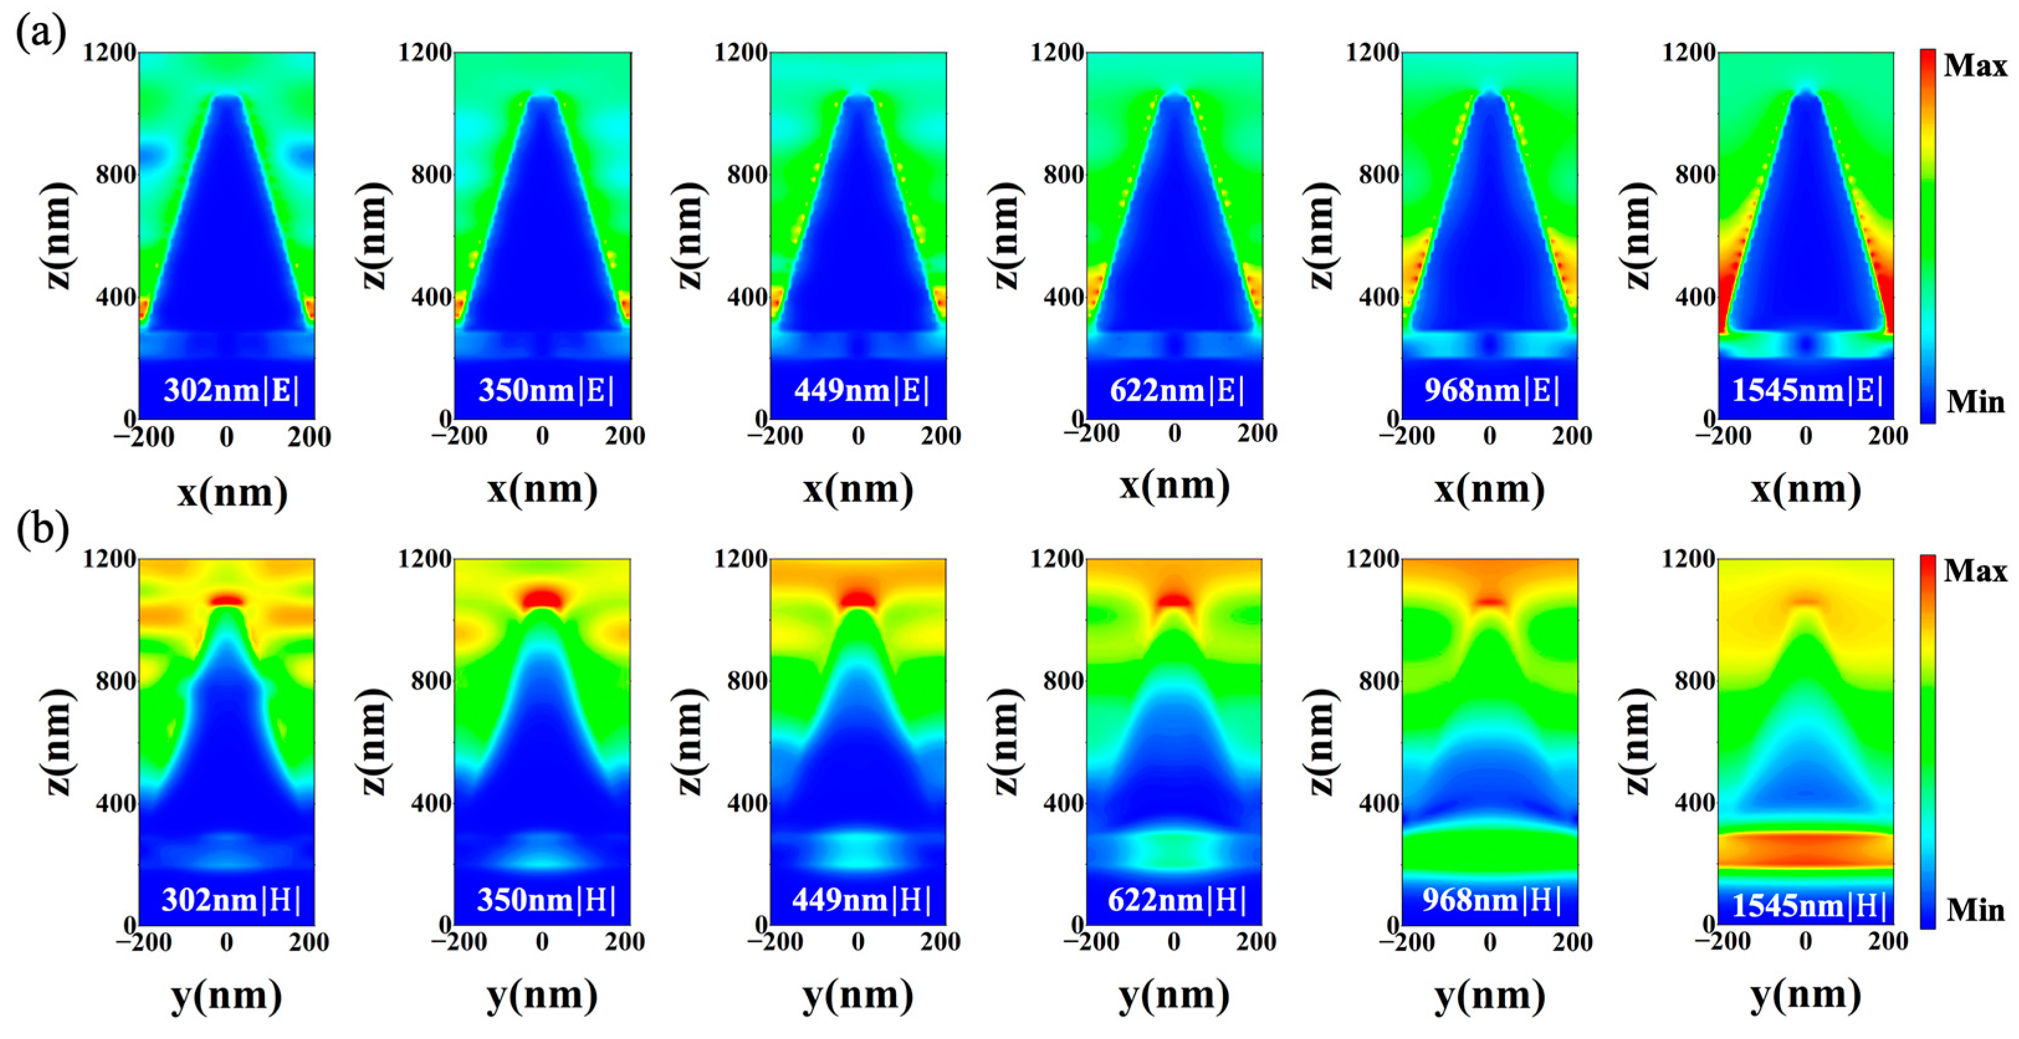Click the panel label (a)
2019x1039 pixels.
[41, 33]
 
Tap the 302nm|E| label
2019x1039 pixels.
[231, 389]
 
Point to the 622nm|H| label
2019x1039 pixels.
[1176, 899]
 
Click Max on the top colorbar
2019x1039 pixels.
[1975, 66]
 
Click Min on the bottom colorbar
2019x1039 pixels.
[1975, 910]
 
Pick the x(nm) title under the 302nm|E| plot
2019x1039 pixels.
[232, 492]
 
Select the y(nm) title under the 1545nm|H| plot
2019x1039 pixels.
[1806, 995]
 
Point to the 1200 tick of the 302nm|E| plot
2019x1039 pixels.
[110, 53]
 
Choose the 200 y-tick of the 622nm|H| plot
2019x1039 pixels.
[1257, 941]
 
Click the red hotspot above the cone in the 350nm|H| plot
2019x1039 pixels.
[543, 599]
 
